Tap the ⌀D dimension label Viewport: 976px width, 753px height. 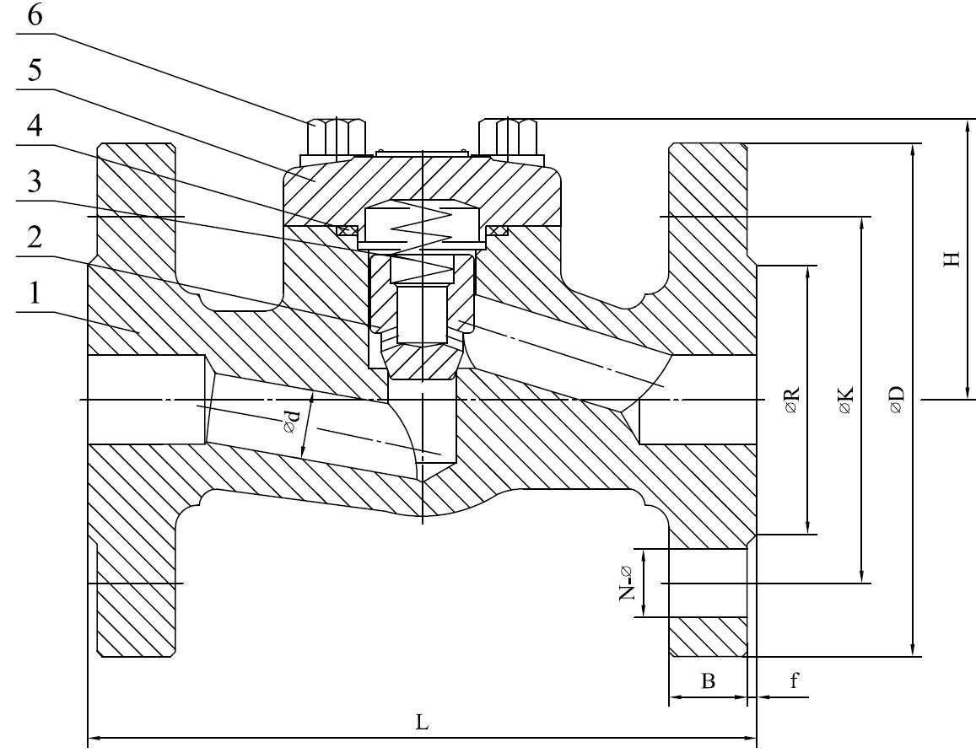(x=896, y=400)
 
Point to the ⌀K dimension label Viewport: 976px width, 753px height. (x=846, y=400)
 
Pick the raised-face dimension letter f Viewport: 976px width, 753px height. (x=794, y=680)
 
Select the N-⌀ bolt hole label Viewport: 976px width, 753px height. (x=627, y=583)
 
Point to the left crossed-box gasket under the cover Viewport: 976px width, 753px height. (x=345, y=230)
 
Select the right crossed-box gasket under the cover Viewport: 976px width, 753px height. (x=498, y=230)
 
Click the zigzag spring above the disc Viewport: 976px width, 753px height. (x=422, y=232)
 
